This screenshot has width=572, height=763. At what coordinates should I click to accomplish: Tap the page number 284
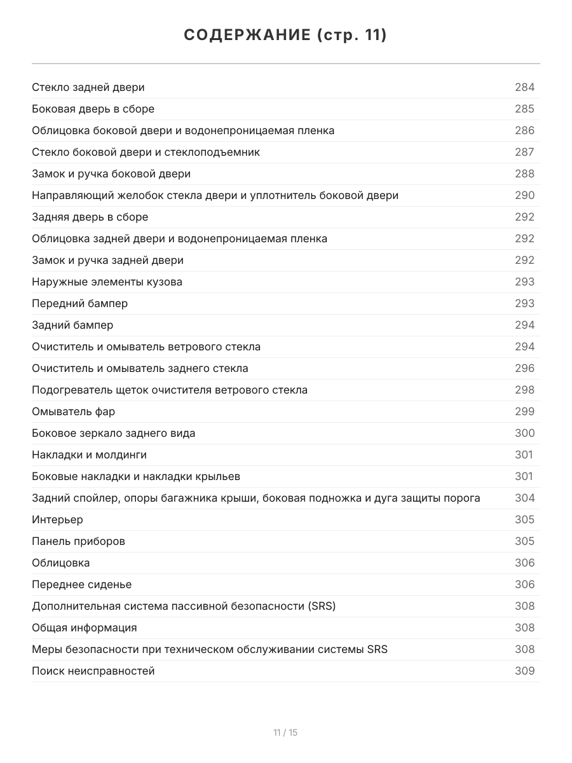(524, 87)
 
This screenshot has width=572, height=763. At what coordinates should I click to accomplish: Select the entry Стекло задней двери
(88, 87)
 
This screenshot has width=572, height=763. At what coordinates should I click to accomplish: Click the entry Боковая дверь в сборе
(93, 109)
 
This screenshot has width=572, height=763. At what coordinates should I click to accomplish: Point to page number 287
(524, 152)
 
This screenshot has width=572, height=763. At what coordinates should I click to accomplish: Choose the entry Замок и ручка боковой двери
(111, 174)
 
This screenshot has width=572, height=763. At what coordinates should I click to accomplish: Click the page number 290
(524, 195)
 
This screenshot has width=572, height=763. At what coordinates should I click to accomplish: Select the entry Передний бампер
(79, 303)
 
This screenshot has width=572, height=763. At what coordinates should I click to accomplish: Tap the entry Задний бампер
(72, 325)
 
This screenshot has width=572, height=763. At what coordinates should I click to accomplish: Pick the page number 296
(524, 368)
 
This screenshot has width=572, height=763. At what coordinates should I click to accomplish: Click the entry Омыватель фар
(73, 411)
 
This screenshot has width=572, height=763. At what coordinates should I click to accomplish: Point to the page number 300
(524, 433)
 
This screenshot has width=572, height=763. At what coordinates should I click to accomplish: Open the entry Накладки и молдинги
(89, 455)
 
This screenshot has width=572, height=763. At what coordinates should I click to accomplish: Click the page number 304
(524, 498)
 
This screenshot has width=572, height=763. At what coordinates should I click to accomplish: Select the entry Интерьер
(57, 519)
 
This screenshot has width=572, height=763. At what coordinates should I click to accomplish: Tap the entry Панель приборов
(78, 541)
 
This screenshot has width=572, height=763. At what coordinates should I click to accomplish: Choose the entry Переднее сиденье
(81, 584)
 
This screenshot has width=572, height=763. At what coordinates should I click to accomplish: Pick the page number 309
(524, 671)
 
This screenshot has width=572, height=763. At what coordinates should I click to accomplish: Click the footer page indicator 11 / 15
(285, 732)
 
